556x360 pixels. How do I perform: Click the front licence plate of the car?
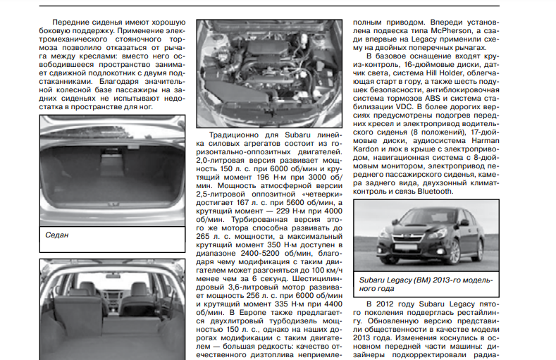pos(399,248)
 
